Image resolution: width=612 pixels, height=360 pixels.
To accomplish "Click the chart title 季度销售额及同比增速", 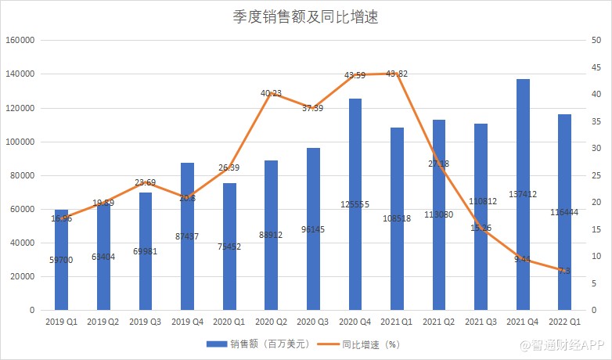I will pos(306,16).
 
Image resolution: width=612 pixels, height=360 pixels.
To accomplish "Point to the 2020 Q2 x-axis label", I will pos(271,322).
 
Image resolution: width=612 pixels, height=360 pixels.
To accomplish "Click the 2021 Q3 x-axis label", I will pos(481,322).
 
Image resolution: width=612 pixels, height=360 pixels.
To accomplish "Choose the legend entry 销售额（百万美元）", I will pos(259,344).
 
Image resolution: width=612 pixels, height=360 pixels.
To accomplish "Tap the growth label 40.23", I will pos(271,93).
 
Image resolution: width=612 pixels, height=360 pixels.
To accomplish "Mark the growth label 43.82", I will pos(397,74).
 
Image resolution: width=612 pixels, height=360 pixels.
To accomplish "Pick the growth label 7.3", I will pos(563,271).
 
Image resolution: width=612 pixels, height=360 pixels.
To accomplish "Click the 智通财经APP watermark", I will pos(570,344).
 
